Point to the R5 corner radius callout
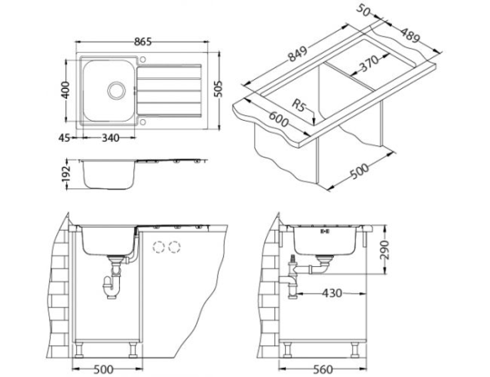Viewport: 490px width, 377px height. pos(300,106)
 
